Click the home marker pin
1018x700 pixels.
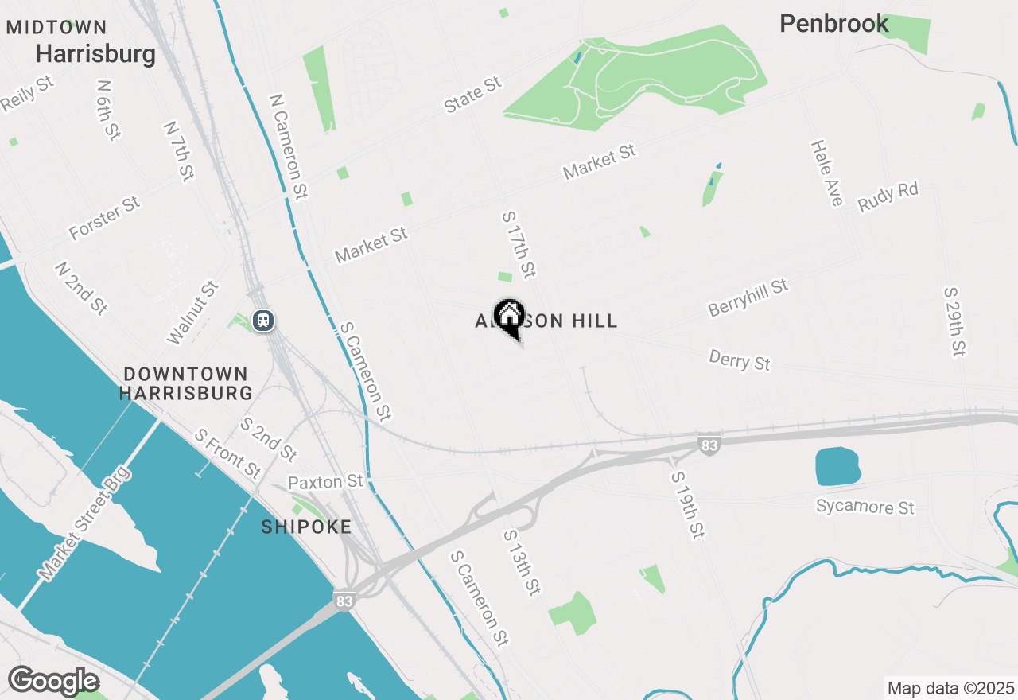[x=509, y=317]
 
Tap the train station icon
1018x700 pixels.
[x=263, y=321]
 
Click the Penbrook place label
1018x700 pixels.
[x=833, y=24]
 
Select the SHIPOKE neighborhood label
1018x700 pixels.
[x=306, y=527]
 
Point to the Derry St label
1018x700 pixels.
[x=739, y=360]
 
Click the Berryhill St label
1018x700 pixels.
[x=748, y=297]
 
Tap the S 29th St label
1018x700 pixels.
[x=954, y=321]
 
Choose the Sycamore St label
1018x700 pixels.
[x=865, y=507]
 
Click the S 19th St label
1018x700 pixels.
[x=687, y=504]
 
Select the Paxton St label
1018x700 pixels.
[x=325, y=482]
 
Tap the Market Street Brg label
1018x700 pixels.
[x=84, y=523]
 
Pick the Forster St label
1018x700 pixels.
[x=104, y=219]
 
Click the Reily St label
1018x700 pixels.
[x=27, y=94]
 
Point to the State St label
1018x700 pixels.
[x=473, y=94]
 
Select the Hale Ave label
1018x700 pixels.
[x=826, y=173]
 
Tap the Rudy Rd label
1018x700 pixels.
[x=888, y=197]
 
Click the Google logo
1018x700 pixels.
[x=53, y=682]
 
